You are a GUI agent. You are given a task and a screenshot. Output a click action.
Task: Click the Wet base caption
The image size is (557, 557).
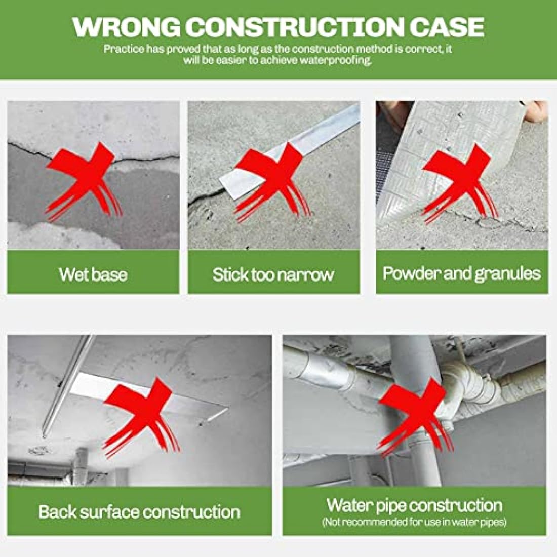pyautogui.click(x=93, y=274)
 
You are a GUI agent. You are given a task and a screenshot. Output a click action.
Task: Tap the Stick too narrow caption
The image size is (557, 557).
pyautogui.click(x=273, y=274)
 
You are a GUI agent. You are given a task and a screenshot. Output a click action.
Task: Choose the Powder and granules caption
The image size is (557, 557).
pyautogui.click(x=462, y=273)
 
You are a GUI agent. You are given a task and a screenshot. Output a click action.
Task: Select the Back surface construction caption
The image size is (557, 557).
pyautogui.click(x=139, y=511)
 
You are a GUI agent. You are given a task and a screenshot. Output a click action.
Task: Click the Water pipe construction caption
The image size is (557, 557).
pyautogui.click(x=414, y=505)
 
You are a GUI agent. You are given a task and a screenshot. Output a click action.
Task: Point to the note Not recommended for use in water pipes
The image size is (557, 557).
pyautogui.click(x=414, y=522)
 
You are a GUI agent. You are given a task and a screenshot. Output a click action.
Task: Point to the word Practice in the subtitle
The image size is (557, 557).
pyautogui.click(x=120, y=50)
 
